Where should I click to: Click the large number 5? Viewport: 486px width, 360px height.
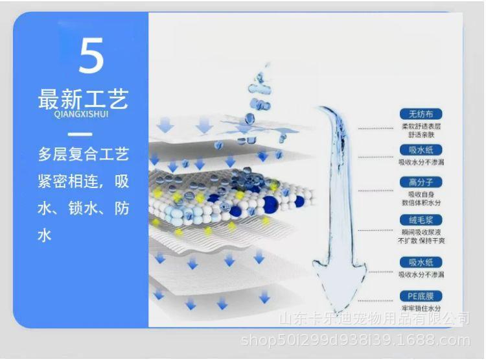[x=91, y=56]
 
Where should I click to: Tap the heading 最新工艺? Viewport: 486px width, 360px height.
[x=84, y=99]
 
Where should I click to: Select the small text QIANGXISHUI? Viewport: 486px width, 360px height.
[x=84, y=116]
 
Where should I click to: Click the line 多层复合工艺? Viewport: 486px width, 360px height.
[x=84, y=156]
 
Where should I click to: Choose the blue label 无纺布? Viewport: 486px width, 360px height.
[x=421, y=114]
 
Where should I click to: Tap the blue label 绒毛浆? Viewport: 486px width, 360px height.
[x=421, y=221]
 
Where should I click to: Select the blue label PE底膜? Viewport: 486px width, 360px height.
[x=421, y=297]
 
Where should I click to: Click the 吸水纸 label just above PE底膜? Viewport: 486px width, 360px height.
[x=421, y=262]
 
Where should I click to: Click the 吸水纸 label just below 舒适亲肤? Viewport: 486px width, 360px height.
[x=421, y=150]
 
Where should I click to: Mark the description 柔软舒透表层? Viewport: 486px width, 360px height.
[x=421, y=126]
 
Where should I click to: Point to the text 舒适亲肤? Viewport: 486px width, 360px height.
[x=421, y=134]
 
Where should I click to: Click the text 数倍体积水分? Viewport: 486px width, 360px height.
[x=421, y=202]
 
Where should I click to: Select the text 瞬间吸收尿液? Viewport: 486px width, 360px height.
[x=421, y=232]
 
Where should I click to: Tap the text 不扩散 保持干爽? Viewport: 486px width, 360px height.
[x=421, y=241]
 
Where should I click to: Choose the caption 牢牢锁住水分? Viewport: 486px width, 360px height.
[x=421, y=308]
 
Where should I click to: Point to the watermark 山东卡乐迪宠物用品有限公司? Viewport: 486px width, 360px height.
[x=374, y=319]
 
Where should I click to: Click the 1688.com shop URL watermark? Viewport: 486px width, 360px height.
[x=354, y=340]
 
